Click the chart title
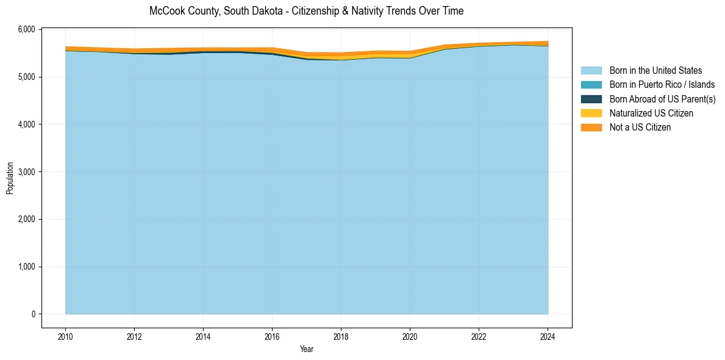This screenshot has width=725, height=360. click(x=306, y=11)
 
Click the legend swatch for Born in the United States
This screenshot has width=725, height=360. click(x=591, y=71)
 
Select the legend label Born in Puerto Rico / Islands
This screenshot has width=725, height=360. click(x=662, y=85)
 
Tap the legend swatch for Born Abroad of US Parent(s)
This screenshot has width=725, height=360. click(x=591, y=99)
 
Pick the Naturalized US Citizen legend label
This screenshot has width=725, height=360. click(x=651, y=113)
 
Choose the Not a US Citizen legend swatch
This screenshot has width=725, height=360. click(x=591, y=128)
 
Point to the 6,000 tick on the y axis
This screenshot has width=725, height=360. click(x=27, y=30)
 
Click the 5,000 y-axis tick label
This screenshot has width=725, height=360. click(x=27, y=77)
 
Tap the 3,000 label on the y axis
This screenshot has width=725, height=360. click(x=27, y=172)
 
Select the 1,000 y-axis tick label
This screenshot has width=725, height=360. click(x=27, y=267)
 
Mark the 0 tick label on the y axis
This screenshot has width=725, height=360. click(x=34, y=314)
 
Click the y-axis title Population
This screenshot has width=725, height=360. click(x=10, y=178)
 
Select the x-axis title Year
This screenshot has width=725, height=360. click(x=307, y=349)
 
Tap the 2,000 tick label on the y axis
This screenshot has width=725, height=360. click(x=27, y=220)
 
